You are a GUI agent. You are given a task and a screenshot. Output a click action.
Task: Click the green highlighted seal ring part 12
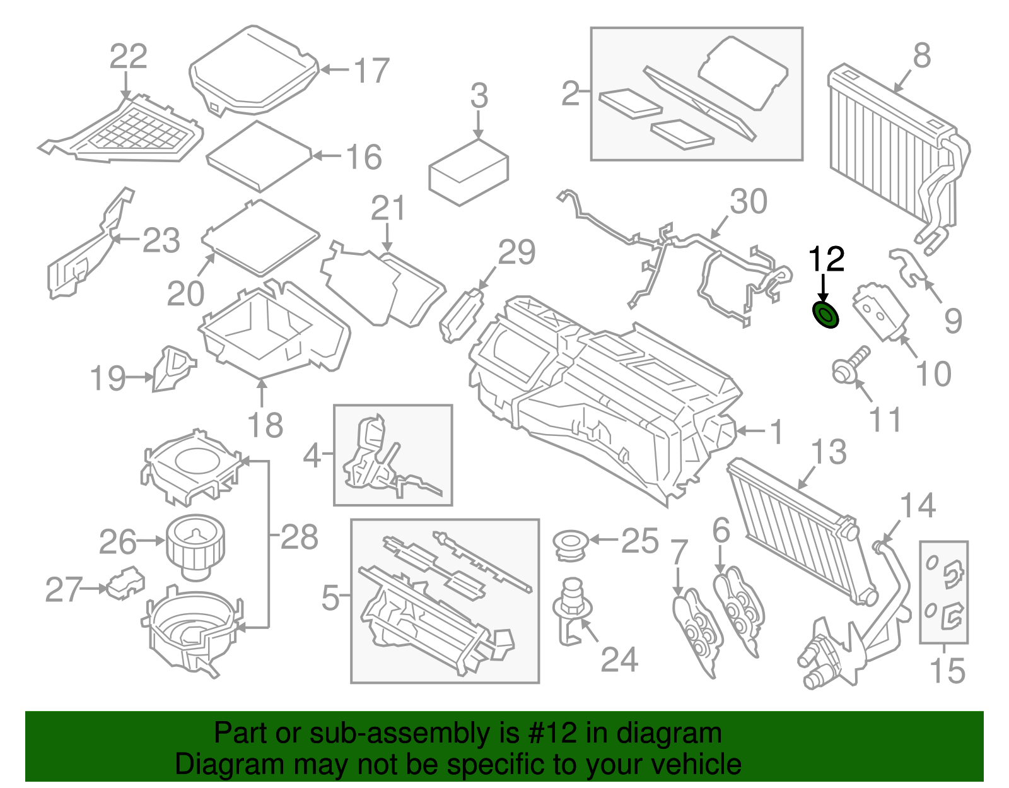824,314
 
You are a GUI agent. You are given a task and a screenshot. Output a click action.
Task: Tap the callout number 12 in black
826,259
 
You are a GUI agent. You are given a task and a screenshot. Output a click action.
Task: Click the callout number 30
749,202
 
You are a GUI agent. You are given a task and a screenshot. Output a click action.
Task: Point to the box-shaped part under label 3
468,173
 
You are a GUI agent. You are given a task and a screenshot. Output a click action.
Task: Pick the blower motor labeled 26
195,546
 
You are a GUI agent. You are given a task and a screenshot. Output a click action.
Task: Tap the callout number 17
371,71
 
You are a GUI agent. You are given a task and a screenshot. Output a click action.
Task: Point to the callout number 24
619,660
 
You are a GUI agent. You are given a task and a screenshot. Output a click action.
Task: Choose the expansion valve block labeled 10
880,313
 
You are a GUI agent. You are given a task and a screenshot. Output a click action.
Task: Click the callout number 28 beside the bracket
299,538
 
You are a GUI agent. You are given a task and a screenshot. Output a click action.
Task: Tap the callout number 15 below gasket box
947,670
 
